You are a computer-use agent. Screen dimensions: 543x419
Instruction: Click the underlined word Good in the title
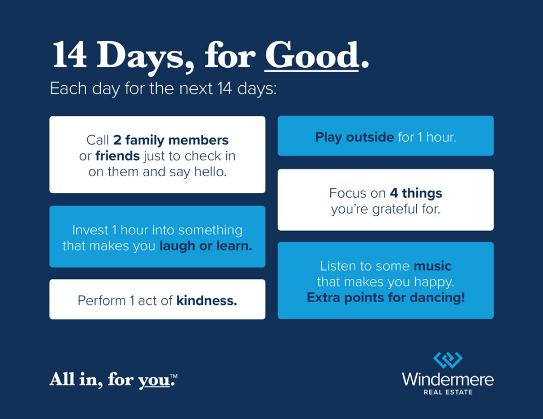pos(312,55)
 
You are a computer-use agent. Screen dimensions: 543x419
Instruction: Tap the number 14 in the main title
pos(69,55)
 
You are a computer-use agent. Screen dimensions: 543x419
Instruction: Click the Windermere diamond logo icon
pos(448,360)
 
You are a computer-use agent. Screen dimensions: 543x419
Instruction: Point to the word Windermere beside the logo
pos(448,379)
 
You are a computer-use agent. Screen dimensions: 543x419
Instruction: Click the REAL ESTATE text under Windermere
pos(448,392)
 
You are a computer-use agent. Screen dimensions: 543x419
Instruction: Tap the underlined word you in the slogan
pos(154,381)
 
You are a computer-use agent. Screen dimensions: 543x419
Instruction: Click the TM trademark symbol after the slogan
pos(174,376)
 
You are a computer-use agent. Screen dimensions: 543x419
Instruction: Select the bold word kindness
pos(207,300)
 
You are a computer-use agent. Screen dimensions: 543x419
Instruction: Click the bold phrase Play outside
pos(354,138)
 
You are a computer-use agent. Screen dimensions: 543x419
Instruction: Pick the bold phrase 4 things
pos(416,193)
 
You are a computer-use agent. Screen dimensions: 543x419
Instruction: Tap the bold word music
pos(433,266)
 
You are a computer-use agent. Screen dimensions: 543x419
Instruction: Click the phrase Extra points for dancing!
pos(386,298)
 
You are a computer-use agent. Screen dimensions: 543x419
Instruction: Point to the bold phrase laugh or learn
pos(206,246)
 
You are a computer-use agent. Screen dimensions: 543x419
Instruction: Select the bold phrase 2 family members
pos(171,141)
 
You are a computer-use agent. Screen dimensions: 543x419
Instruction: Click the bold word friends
pos(118,156)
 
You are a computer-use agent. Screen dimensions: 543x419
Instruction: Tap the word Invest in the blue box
pos(90,230)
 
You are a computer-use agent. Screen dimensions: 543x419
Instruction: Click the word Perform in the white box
pos(102,301)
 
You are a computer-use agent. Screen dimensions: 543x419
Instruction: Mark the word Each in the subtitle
pos(68,89)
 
